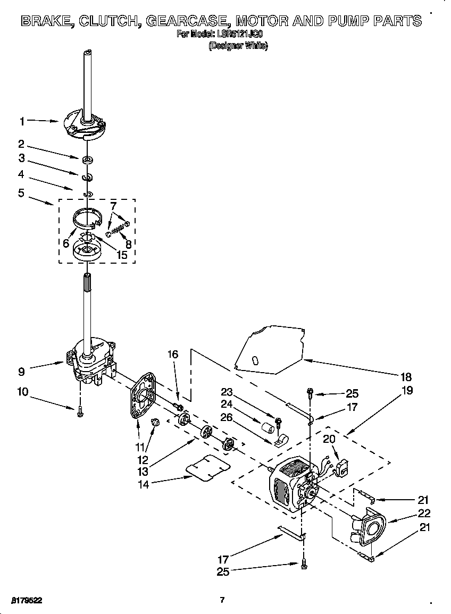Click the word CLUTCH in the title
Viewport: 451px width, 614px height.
[108, 21]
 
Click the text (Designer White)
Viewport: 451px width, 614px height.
[238, 46]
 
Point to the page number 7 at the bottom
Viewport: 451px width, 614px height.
[222, 600]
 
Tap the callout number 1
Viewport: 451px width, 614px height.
[22, 121]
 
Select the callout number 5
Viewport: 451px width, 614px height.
[21, 192]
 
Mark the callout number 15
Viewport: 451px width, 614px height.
[122, 255]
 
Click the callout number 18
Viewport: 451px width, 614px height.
[406, 377]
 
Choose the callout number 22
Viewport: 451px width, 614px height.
[424, 513]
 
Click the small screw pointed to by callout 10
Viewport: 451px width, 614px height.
[80, 413]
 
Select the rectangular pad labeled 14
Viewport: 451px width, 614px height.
[208, 467]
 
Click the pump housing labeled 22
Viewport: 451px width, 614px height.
[368, 529]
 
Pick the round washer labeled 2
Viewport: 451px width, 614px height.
[88, 159]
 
